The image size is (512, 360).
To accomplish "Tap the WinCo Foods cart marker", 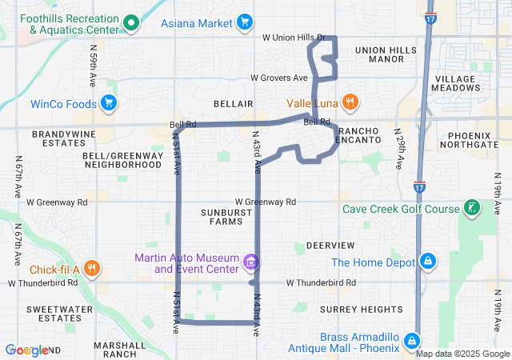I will click(110, 103).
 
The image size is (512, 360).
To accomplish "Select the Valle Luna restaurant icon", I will click(349, 102).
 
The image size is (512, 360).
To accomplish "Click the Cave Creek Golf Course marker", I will click(472, 209).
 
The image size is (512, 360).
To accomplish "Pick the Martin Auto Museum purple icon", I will click(250, 262).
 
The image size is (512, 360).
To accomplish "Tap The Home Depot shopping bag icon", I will click(428, 262).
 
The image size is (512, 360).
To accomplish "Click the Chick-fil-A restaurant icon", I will click(93, 269).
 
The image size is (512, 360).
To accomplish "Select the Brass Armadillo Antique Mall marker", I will click(411, 341).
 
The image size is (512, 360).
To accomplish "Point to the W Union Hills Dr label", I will click(294, 38).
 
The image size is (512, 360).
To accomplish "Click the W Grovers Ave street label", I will click(278, 78).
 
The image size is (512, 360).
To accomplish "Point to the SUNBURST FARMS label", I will click(221, 216).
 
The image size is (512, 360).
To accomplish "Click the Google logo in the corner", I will click(26, 350).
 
